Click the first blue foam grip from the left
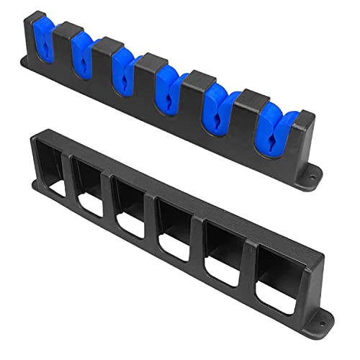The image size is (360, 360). (x=42, y=42)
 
